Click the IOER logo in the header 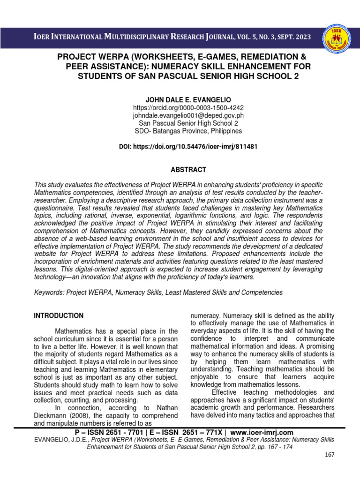[336, 37]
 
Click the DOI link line [188, 147]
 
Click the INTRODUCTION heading [59, 315]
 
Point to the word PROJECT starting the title [77, 57]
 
